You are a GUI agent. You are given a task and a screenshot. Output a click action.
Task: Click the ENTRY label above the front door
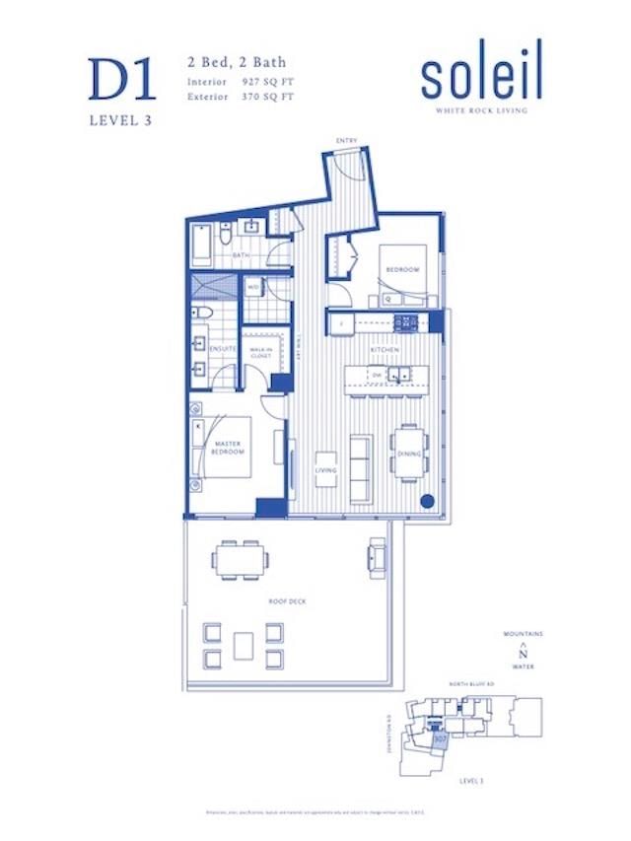[x=347, y=141]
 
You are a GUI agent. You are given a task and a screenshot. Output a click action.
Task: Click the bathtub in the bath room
[x=201, y=245]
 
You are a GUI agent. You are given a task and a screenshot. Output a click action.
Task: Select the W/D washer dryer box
[x=252, y=287]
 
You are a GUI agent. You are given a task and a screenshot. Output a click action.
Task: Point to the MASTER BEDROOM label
[x=229, y=449]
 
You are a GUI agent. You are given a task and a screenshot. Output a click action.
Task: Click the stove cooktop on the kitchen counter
[x=406, y=321]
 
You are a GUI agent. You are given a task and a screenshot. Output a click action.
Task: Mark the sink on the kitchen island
[x=399, y=375]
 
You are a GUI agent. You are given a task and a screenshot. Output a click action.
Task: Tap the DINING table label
[x=408, y=454]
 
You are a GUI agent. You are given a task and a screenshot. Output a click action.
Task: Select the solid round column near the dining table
[x=427, y=501]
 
